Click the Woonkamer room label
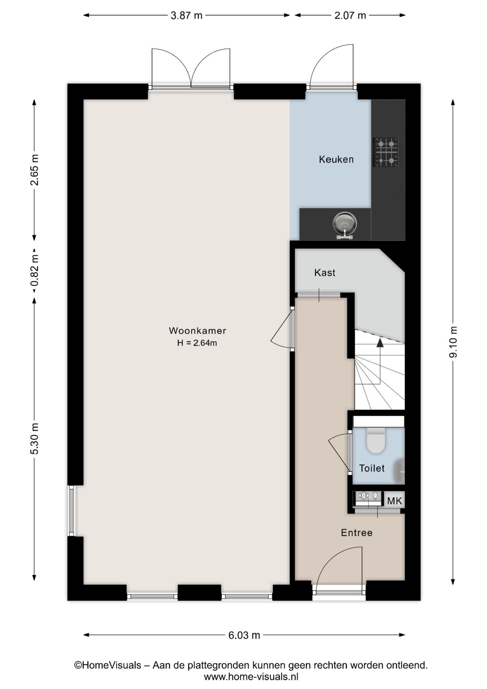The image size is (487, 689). (197, 330)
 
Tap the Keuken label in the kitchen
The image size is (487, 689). (336, 159)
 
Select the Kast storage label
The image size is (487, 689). (325, 273)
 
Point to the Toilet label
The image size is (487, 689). (372, 468)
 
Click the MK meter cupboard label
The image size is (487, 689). (395, 501)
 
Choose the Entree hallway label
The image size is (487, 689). (356, 533)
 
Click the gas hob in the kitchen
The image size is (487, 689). (386, 152)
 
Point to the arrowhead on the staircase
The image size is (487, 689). (380, 342)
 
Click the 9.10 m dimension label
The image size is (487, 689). (453, 342)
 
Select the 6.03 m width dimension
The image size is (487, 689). (244, 635)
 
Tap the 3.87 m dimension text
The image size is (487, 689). (186, 15)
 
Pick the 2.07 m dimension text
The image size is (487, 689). (350, 15)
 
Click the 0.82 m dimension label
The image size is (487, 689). (34, 271)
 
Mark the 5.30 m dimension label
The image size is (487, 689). (34, 439)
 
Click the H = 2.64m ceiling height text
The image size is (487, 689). (197, 343)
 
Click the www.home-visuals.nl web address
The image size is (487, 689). (251, 677)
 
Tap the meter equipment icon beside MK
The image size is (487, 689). (368, 498)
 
